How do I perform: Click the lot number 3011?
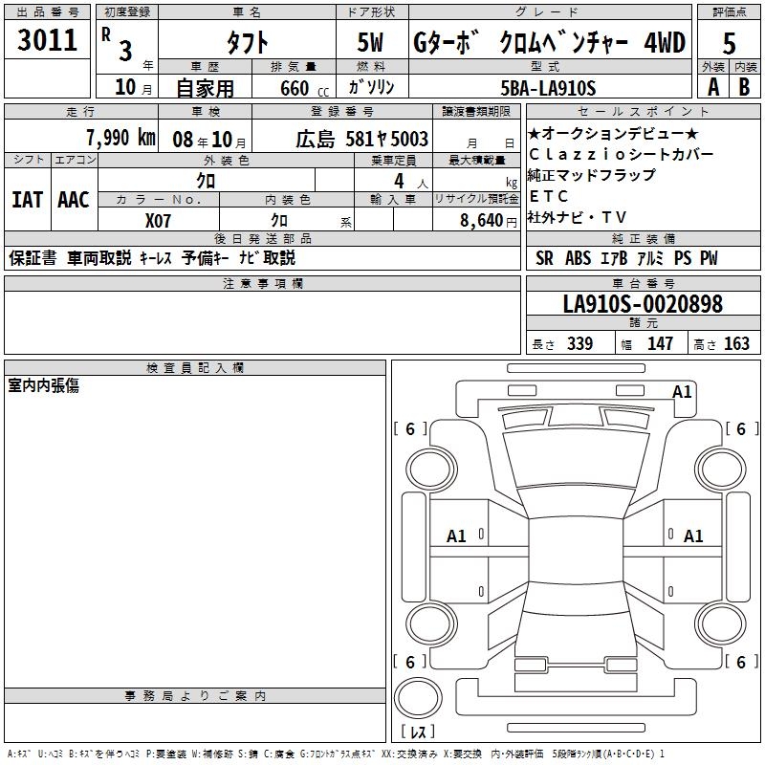point(47,40)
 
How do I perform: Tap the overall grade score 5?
point(729,43)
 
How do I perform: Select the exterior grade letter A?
point(713,87)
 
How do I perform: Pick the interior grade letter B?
point(744,87)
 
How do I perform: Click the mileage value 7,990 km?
point(120,138)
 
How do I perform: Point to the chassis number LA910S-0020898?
point(643,303)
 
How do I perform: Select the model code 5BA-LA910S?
point(548,88)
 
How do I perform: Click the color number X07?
point(158,221)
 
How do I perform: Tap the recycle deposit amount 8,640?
point(481,221)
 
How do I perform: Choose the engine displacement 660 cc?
point(304,88)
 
